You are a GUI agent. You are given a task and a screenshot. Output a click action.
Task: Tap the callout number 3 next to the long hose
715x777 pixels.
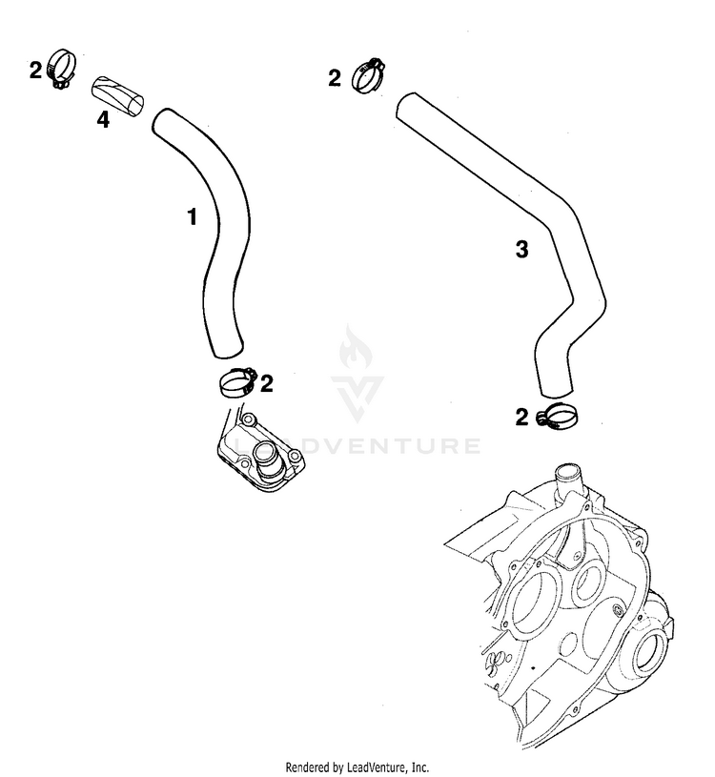[521, 250]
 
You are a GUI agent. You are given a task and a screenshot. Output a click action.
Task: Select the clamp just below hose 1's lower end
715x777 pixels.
[235, 383]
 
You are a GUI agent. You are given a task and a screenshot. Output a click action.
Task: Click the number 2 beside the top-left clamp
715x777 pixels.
[35, 70]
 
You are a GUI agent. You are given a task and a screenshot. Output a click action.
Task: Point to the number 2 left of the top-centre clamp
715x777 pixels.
[334, 78]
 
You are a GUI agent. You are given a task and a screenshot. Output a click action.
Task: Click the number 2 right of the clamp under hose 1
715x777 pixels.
[267, 383]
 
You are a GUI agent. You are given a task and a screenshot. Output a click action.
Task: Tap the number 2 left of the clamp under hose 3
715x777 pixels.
[521, 416]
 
